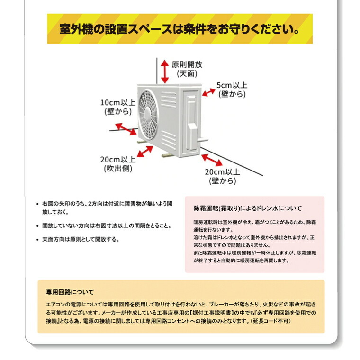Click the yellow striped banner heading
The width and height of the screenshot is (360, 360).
click(180, 29)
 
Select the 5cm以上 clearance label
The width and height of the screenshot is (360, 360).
click(232, 90)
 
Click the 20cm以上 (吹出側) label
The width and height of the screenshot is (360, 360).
click(117, 163)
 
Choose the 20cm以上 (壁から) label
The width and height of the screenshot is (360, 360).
click(222, 176)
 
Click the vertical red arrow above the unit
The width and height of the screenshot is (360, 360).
click(164, 71)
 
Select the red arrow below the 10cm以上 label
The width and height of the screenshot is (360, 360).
click(125, 128)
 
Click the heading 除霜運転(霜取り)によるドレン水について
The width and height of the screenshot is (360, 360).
click(247, 208)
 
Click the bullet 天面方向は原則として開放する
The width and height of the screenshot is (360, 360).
click(81, 240)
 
